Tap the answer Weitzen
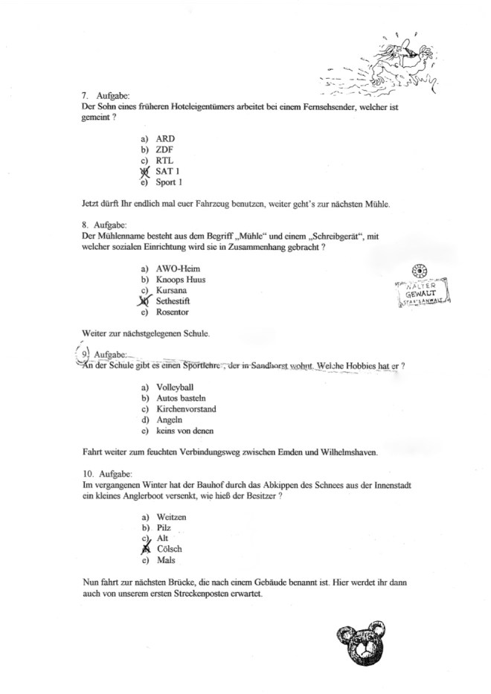(171, 516)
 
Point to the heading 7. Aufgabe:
(105, 96)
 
